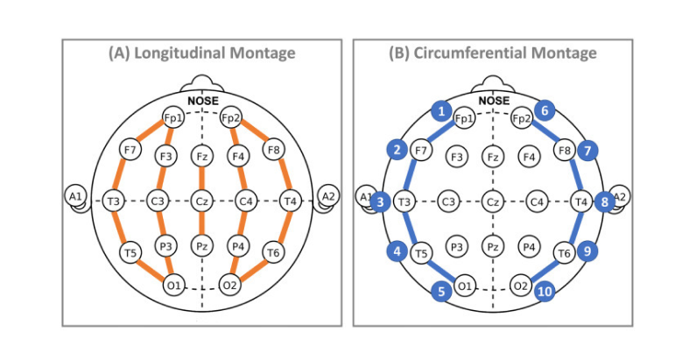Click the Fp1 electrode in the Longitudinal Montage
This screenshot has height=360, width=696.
(172, 118)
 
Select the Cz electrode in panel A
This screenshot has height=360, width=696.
(201, 201)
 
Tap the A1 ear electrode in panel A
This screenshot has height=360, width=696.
(75, 197)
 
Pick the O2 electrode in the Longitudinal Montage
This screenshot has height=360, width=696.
(230, 284)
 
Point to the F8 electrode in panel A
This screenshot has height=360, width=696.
(272, 151)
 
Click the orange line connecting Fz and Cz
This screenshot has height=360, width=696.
(201, 179)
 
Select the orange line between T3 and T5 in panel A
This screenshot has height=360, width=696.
(121, 227)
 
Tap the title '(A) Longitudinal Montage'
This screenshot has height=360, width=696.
(201, 53)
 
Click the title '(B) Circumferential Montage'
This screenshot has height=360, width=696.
(493, 53)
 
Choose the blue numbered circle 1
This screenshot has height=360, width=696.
(443, 110)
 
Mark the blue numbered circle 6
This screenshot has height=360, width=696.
(545, 110)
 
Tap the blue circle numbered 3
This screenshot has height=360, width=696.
(379, 202)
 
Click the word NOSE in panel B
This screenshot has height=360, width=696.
(494, 101)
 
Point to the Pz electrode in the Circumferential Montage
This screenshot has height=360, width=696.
(493, 247)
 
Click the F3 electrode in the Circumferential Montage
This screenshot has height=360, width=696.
(455, 157)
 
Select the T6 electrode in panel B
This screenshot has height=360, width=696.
(565, 253)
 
